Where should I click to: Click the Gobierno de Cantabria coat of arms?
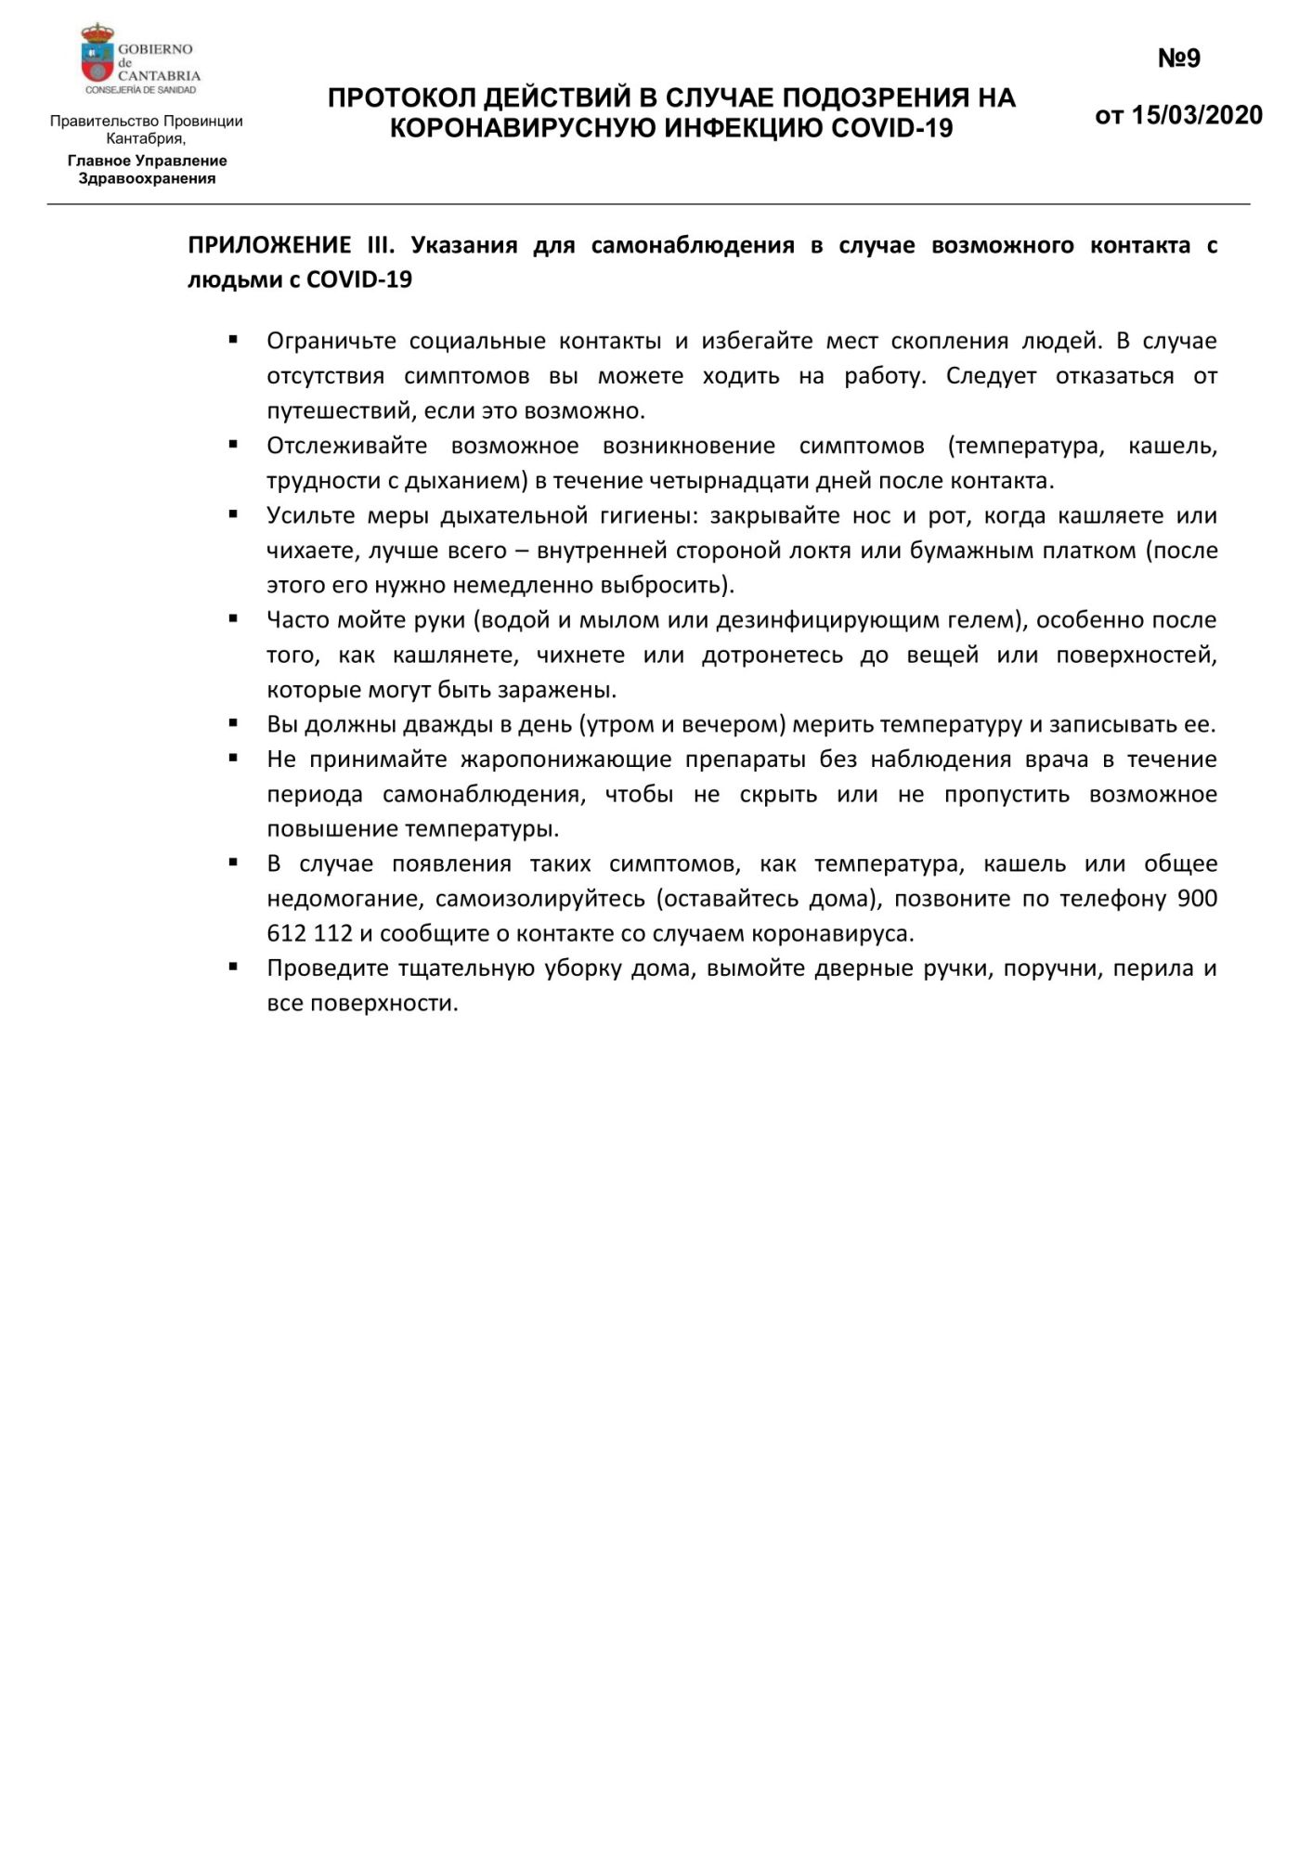tap(97, 57)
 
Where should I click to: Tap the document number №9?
tap(1178, 58)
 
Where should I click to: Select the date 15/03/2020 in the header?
tap(1197, 115)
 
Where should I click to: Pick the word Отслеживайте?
tap(346, 446)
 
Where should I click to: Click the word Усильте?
tap(305, 515)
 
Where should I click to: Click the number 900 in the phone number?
tap(1197, 899)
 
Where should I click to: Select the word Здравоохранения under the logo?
tap(147, 178)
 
